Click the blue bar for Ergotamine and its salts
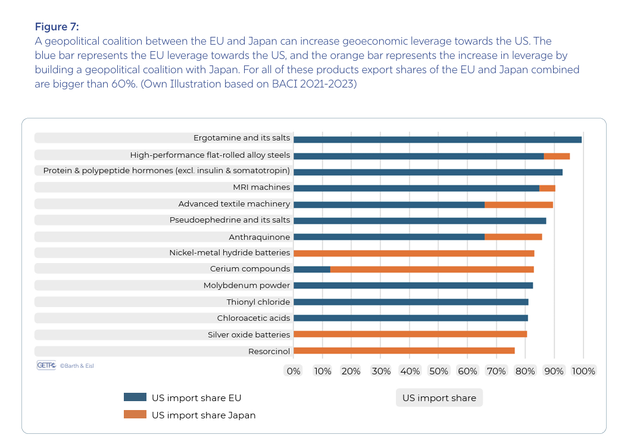(x=438, y=139)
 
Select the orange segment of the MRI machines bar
(x=547, y=188)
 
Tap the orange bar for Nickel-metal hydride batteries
(x=414, y=253)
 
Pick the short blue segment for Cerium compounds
(x=312, y=269)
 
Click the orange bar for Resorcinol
(x=404, y=351)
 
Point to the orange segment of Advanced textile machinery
(x=519, y=205)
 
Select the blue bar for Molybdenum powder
(x=413, y=286)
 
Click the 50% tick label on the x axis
(x=439, y=371)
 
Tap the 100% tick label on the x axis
(x=583, y=371)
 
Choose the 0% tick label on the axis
(x=294, y=371)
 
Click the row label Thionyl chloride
(x=258, y=302)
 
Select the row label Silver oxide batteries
(x=249, y=334)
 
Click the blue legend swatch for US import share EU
(x=135, y=398)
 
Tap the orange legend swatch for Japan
(x=135, y=415)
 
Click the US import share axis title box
(x=439, y=398)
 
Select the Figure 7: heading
(x=57, y=27)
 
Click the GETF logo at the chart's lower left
(x=46, y=365)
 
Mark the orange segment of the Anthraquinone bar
(x=513, y=237)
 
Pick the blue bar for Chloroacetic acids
(x=411, y=318)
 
